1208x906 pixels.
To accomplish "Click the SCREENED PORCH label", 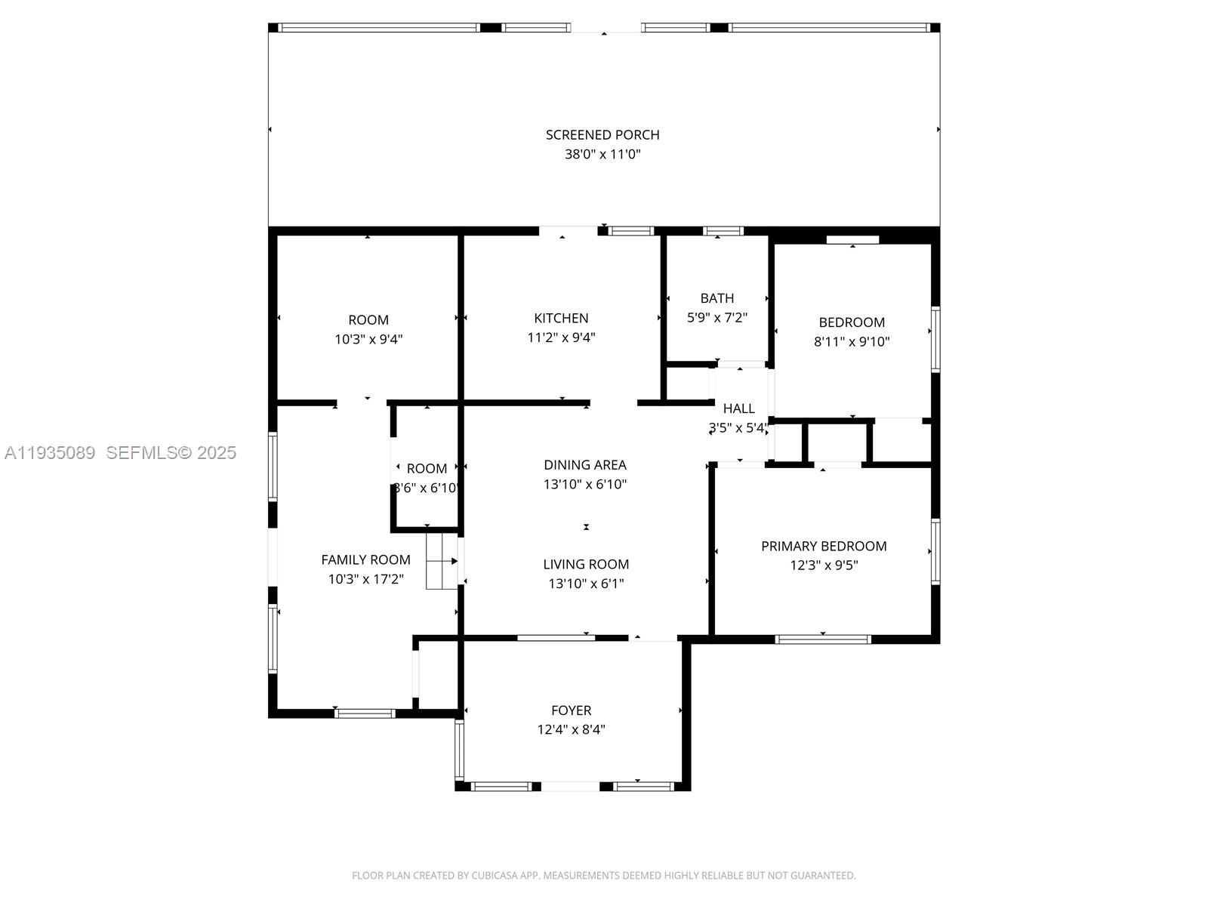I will point(602,135).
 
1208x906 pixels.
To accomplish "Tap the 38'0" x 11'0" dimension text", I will point(602,154).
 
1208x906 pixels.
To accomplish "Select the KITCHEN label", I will point(561,319).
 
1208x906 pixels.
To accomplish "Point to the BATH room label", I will point(716,298).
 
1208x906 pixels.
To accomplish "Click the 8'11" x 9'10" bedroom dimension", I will point(852,341).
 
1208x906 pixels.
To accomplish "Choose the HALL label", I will point(738,408).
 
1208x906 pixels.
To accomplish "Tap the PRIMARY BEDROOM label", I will point(824,546).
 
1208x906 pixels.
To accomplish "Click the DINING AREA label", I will point(585,465).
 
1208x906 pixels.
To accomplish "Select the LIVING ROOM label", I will point(586,564).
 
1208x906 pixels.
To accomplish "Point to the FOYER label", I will point(571,710).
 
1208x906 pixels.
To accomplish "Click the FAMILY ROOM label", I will point(365,559).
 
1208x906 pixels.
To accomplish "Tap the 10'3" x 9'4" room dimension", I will point(368,340).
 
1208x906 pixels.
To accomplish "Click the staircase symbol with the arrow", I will point(442,561).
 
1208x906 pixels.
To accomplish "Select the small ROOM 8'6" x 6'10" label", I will point(427,469).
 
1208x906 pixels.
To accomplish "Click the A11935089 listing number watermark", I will point(50,453).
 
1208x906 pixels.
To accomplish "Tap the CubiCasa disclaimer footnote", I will point(603,876).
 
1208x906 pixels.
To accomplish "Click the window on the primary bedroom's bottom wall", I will point(823,639).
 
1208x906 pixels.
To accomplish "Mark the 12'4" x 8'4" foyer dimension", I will point(571,729).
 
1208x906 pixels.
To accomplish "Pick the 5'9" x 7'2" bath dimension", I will point(716,318).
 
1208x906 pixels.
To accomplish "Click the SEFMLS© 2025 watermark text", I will point(171,453).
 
